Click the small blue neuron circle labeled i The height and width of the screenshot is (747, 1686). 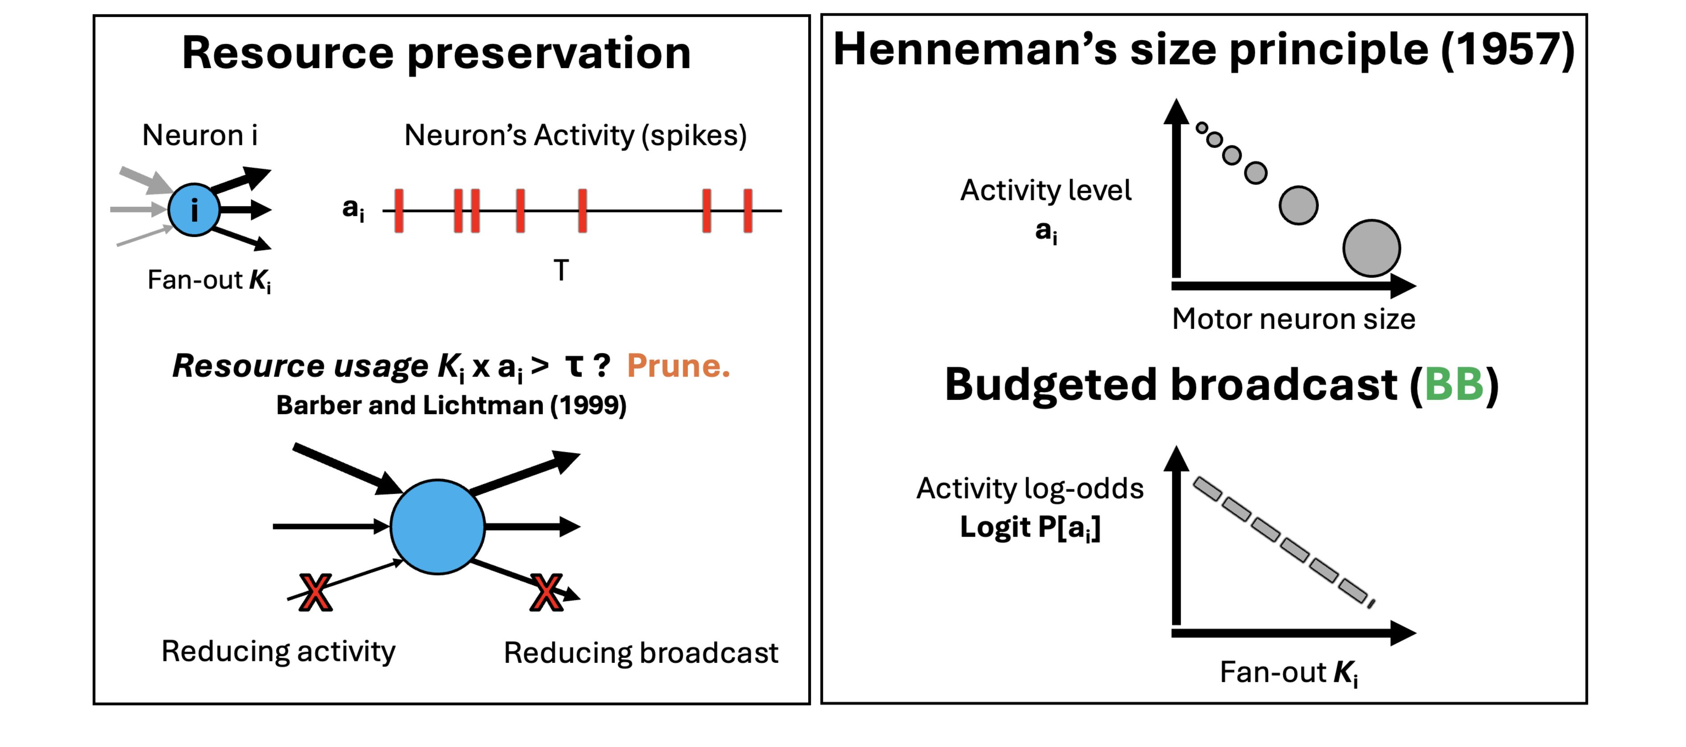pyautogui.click(x=194, y=209)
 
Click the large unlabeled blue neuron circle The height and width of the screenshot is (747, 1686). pyautogui.click(x=437, y=526)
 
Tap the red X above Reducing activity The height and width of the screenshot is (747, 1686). pyautogui.click(x=315, y=592)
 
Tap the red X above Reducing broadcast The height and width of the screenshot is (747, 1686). pyautogui.click(x=547, y=592)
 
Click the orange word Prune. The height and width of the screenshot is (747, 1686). pyautogui.click(x=678, y=365)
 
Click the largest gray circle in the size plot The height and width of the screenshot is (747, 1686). pyautogui.click(x=1371, y=248)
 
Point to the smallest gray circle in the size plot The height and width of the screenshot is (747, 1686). pyautogui.click(x=1202, y=127)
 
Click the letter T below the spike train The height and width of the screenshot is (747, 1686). pyautogui.click(x=561, y=270)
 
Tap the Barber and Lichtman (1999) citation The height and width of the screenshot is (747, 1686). pyautogui.click(x=451, y=405)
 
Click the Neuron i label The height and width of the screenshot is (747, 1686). pyautogui.click(x=200, y=135)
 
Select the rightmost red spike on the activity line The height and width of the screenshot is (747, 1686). pyautogui.click(x=748, y=211)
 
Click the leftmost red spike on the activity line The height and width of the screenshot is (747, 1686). pyautogui.click(x=399, y=211)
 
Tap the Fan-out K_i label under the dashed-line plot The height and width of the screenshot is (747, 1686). pyautogui.click(x=1289, y=673)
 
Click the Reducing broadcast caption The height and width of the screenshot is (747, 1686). pyautogui.click(x=641, y=653)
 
